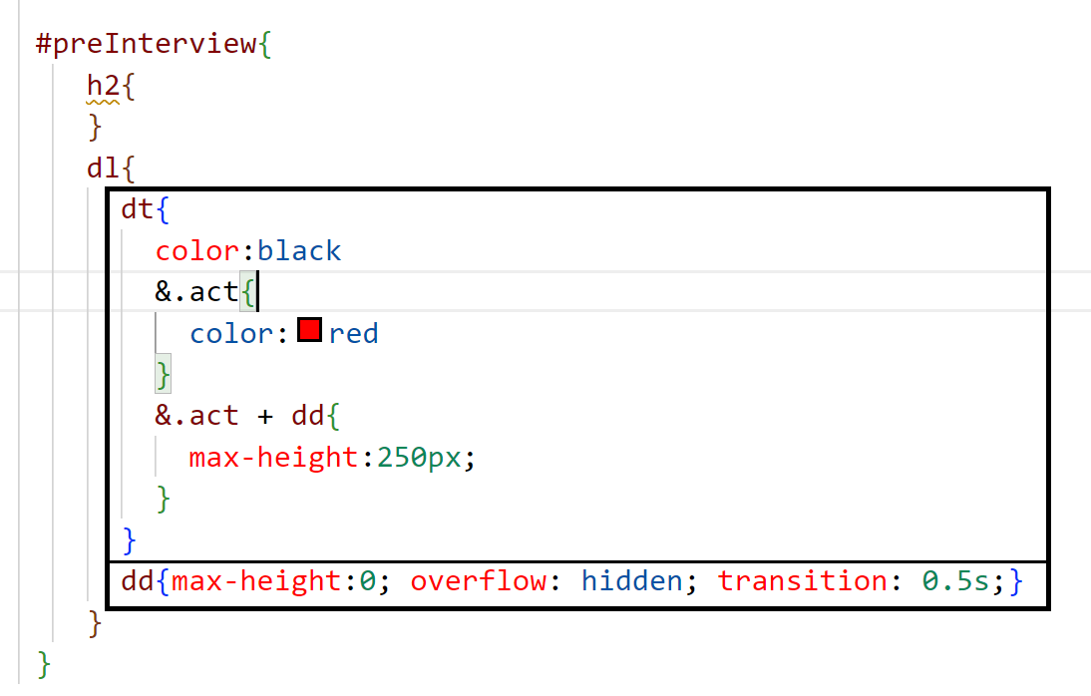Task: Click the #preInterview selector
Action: pyautogui.click(x=146, y=45)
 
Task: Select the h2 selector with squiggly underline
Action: pyautogui.click(x=103, y=86)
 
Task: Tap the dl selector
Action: pyautogui.click(x=103, y=168)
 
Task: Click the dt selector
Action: pyautogui.click(x=137, y=209)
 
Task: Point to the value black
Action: pyautogui.click(x=299, y=250)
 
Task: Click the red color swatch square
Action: pyautogui.click(x=309, y=330)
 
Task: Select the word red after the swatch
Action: pyautogui.click(x=353, y=333)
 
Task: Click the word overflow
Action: pyautogui.click(x=478, y=580)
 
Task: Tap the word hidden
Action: pyautogui.click(x=631, y=580)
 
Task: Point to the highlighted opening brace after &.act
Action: pyautogui.click(x=248, y=292)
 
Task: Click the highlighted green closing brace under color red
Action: pyautogui.click(x=163, y=375)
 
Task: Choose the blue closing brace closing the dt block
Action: pyautogui.click(x=129, y=539)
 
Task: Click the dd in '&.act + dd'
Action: pyautogui.click(x=308, y=416)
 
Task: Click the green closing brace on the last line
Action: pyautogui.click(x=43, y=662)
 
